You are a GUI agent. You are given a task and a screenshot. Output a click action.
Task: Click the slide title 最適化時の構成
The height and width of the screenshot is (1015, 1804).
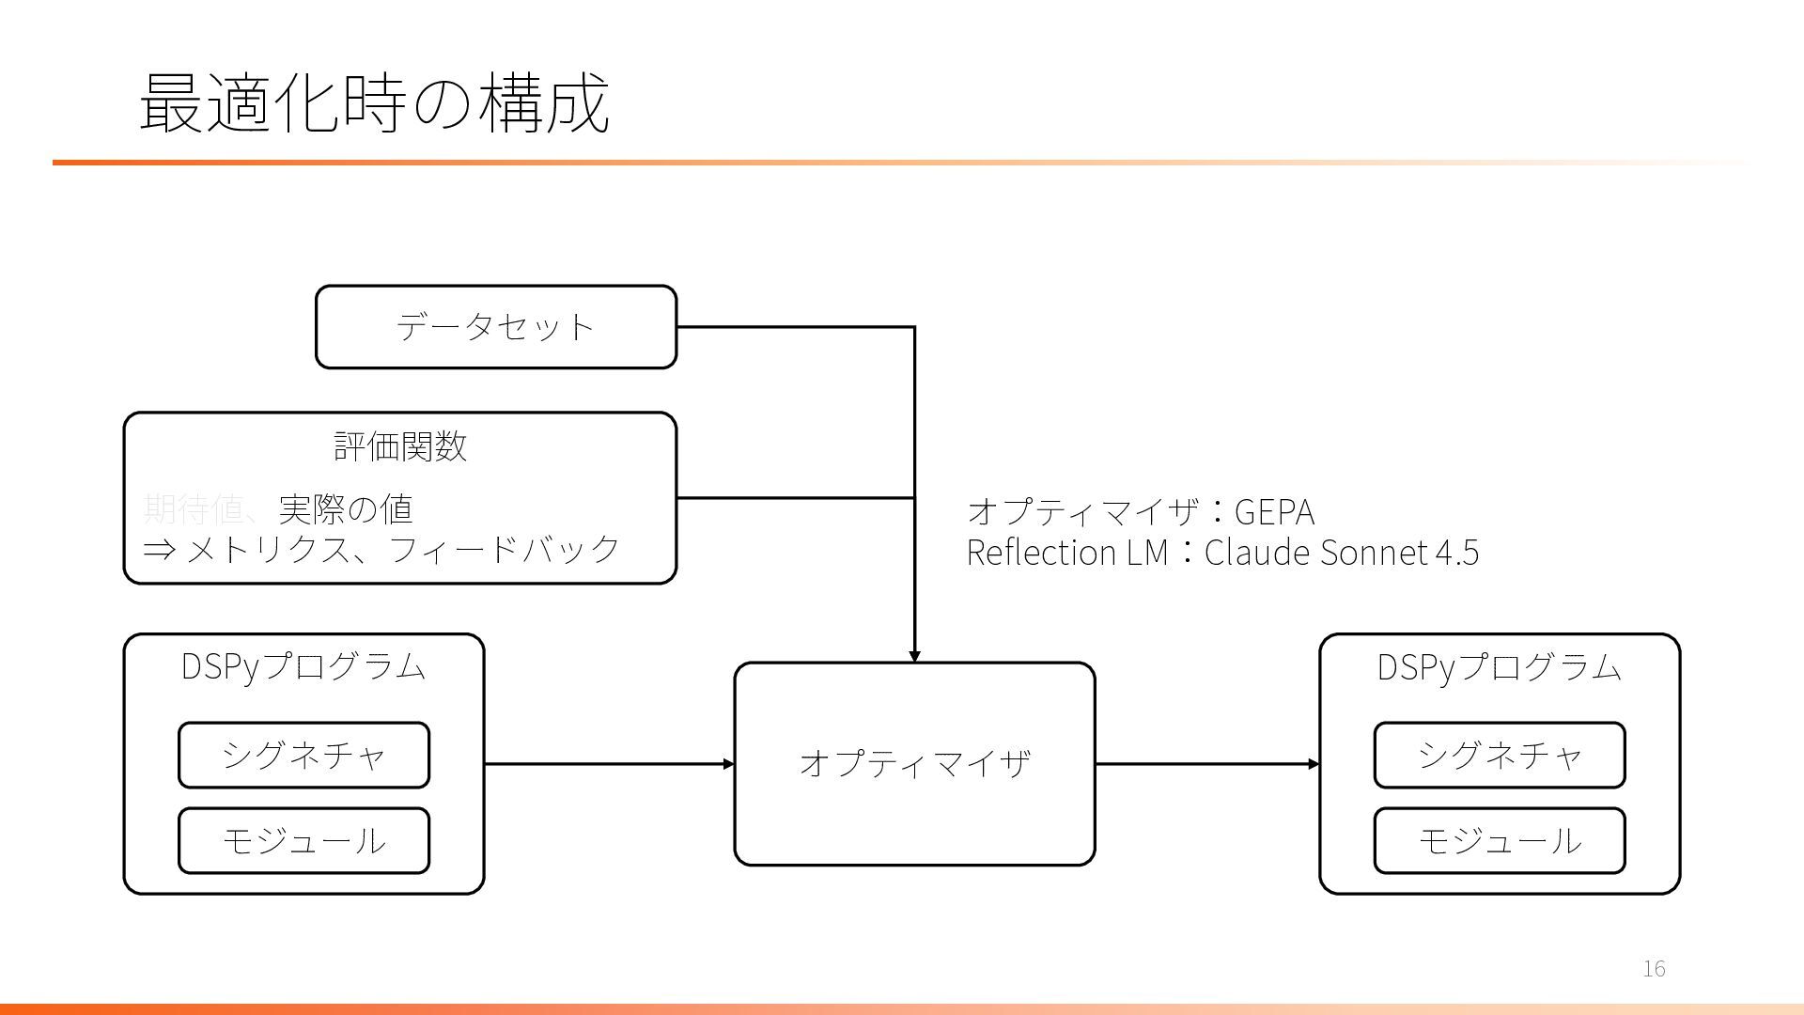click(374, 102)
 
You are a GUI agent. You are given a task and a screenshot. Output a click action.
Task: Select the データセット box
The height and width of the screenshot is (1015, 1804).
click(495, 327)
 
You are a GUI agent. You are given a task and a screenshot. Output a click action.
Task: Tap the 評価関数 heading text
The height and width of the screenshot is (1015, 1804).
click(400, 446)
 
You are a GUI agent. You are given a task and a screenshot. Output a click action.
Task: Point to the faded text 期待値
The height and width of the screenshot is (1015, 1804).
click(193, 509)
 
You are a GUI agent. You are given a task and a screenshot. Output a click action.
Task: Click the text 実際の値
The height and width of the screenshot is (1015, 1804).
click(346, 509)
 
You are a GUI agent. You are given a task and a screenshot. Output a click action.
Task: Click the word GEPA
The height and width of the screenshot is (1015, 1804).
click(1274, 512)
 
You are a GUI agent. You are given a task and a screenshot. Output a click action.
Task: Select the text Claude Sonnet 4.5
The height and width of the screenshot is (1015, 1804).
click(1341, 553)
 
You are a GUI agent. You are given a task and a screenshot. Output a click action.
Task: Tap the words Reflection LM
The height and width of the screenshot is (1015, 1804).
click(1066, 553)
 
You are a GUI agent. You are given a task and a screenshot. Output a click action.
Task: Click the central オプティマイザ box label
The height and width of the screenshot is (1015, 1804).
click(914, 763)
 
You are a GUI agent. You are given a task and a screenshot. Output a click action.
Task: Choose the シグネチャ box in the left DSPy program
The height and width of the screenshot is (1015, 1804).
click(303, 755)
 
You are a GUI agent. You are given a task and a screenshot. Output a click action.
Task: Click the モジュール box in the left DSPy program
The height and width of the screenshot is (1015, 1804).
click(303, 840)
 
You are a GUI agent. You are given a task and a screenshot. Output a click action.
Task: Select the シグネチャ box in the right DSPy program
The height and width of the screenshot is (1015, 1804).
click(1499, 755)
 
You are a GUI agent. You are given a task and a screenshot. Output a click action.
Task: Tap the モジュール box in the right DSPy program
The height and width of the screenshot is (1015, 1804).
click(1499, 840)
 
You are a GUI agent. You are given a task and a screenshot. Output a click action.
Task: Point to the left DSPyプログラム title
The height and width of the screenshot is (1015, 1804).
click(303, 666)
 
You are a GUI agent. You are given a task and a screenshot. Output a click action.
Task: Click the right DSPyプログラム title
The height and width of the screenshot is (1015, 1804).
click(1499, 666)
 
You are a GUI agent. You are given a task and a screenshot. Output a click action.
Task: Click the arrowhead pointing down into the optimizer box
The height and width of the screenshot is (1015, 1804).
click(914, 656)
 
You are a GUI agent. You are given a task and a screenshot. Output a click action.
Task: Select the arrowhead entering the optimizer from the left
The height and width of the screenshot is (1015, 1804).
click(728, 764)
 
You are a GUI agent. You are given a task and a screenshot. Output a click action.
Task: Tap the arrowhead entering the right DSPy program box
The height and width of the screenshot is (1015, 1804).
click(1314, 764)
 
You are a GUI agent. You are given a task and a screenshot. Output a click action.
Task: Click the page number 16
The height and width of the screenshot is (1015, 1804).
click(1654, 969)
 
